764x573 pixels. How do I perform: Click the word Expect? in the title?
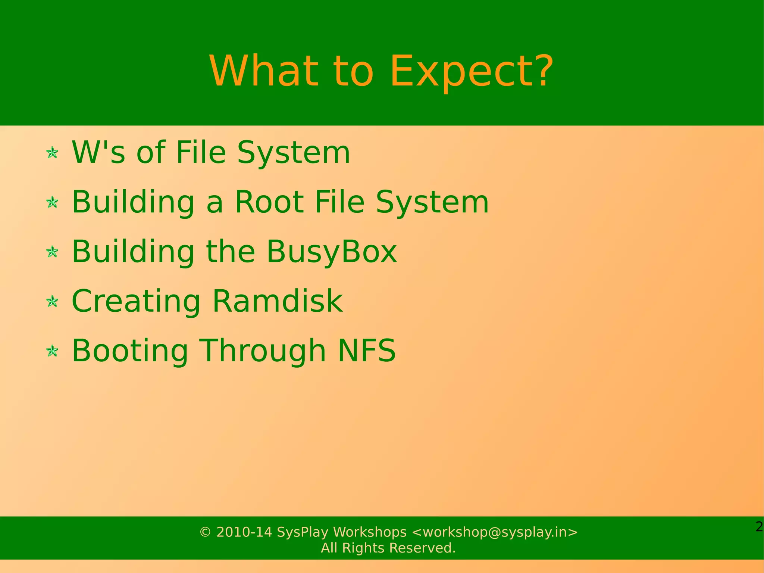click(471, 71)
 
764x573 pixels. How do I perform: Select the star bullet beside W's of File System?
click(52, 153)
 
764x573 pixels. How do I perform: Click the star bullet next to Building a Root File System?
click(52, 202)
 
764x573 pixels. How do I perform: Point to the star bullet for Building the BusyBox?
click(52, 252)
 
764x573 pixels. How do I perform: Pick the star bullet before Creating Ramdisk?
click(52, 301)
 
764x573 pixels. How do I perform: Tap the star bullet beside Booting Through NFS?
click(52, 351)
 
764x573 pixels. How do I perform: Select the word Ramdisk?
click(277, 301)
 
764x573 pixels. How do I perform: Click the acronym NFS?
click(366, 350)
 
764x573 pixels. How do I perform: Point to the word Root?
click(269, 202)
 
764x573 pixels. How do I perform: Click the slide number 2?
click(759, 527)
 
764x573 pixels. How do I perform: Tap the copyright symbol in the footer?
click(205, 532)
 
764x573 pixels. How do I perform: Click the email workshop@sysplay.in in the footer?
click(495, 532)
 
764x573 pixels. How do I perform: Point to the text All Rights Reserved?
click(388, 548)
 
